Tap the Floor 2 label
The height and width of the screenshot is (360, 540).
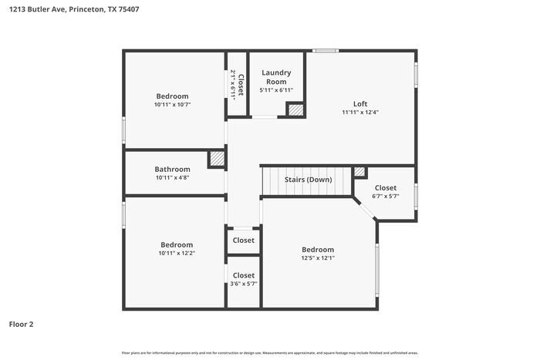[x=22, y=325]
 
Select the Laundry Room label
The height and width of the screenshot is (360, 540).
[x=276, y=77]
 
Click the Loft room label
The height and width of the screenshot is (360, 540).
[x=360, y=103]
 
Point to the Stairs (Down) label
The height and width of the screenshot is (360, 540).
[x=308, y=180]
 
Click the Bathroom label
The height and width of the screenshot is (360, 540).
[x=172, y=169]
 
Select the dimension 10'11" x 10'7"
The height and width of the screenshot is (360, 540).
[x=172, y=104]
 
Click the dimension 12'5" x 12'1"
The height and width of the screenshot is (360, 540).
[x=318, y=258]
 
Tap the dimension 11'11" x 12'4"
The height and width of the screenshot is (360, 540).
[x=360, y=112]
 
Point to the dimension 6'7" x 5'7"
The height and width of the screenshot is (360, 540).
[x=385, y=196]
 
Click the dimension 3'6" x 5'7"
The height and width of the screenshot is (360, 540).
[x=244, y=284]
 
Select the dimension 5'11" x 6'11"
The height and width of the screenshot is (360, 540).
[x=276, y=90]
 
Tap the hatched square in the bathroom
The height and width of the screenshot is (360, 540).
[x=218, y=159]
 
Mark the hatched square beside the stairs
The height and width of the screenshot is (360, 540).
[x=359, y=172]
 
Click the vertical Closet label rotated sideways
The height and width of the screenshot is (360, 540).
[x=241, y=85]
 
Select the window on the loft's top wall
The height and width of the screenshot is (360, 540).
[x=326, y=52]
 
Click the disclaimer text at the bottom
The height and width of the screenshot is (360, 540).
[x=270, y=352]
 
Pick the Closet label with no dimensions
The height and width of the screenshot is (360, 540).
[x=244, y=240]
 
